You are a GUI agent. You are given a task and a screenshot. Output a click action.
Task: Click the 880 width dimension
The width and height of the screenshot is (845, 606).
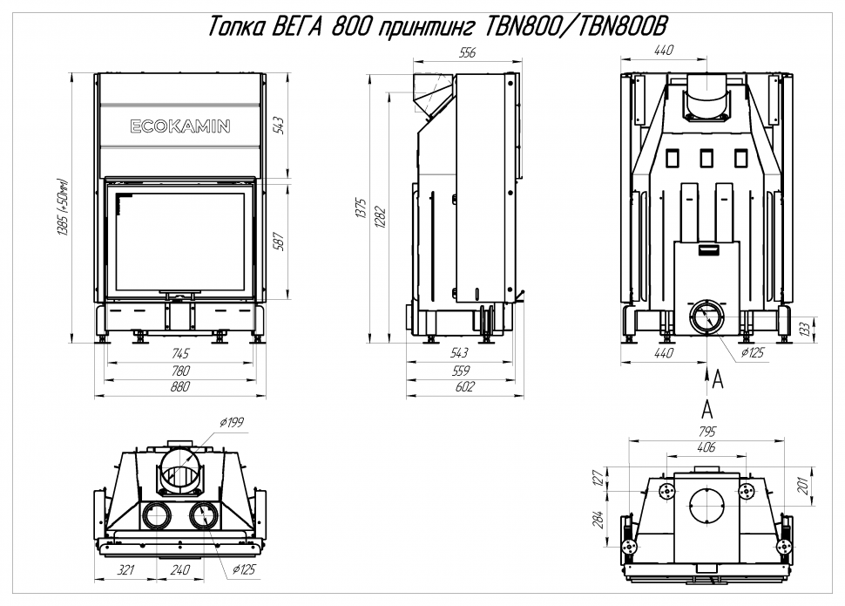[180, 388]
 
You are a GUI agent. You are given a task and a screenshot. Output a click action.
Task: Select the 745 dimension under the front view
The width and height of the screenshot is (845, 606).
[180, 353]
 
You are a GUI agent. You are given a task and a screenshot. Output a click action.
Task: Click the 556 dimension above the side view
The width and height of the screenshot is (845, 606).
[467, 53]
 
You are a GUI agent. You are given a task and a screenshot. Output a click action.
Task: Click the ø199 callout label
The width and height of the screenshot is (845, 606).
[232, 423]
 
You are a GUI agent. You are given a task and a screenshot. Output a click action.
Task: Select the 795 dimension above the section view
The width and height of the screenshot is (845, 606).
[706, 431]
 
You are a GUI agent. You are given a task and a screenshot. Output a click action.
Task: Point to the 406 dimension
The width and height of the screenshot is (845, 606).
[706, 448]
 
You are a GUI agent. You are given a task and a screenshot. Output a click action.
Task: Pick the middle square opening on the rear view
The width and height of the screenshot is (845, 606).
[706, 158]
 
